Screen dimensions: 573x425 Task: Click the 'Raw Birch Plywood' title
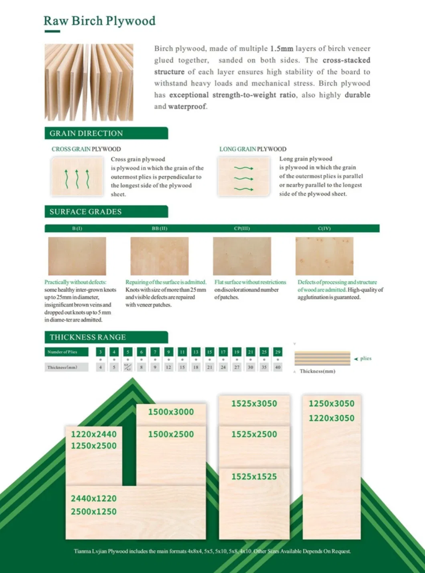click(99, 21)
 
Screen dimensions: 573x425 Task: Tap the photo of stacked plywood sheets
click(89, 82)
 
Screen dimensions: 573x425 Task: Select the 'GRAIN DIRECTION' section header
click(86, 134)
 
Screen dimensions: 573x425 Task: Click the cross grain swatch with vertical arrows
click(77, 177)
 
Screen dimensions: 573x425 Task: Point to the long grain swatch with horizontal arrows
click(244, 177)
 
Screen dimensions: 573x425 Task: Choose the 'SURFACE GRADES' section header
click(85, 212)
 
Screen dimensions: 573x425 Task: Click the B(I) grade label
click(77, 228)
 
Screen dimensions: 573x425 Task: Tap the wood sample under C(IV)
click(324, 256)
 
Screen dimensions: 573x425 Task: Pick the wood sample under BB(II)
click(159, 256)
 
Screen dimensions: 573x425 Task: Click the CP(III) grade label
click(242, 228)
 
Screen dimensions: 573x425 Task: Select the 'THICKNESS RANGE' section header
click(87, 337)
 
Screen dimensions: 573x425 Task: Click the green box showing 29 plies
click(277, 352)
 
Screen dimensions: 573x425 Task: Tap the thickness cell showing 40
click(277, 367)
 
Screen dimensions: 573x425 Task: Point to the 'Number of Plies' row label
click(62, 352)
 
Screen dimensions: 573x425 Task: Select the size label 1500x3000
click(171, 412)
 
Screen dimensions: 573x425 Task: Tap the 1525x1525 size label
click(254, 477)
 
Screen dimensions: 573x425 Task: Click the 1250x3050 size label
click(331, 404)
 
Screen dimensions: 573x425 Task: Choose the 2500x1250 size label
click(93, 512)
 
